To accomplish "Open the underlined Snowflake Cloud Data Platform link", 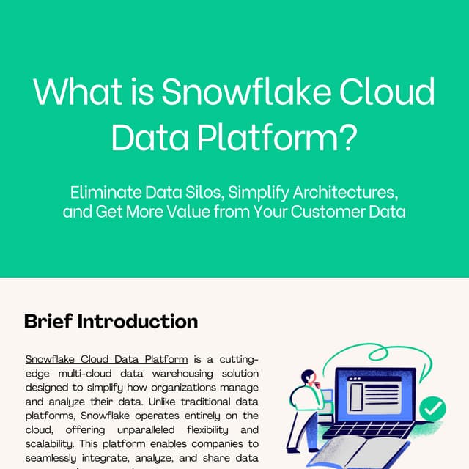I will coord(106,359).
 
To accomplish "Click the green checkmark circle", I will coord(432,407).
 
